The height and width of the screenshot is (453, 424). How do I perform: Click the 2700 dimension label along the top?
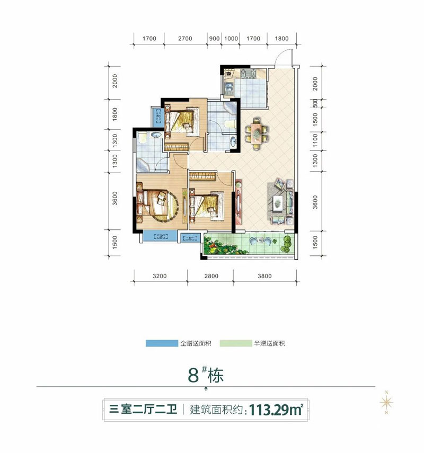(185, 39)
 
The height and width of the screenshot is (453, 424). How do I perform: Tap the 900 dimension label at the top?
(214, 39)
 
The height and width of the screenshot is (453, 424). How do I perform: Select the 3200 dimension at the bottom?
(160, 276)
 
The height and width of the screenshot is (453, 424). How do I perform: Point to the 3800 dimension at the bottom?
(264, 276)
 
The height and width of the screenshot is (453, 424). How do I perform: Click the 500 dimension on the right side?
(315, 103)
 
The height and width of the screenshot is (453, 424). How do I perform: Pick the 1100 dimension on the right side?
(315, 140)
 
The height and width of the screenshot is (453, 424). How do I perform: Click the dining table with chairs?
(257, 134)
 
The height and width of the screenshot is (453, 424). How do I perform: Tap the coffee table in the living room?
(278, 201)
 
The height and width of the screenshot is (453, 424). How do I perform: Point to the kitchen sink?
(228, 88)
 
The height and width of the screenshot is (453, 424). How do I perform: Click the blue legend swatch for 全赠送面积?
(162, 343)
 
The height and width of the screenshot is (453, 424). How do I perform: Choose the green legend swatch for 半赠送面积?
(235, 343)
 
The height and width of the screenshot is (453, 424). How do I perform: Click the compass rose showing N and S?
(386, 402)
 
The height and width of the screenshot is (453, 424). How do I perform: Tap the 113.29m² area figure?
(276, 410)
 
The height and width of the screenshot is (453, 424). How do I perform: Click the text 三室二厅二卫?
(143, 410)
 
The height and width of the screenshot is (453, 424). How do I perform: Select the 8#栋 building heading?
(206, 375)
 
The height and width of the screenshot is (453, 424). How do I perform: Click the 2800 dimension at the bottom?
(211, 276)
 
